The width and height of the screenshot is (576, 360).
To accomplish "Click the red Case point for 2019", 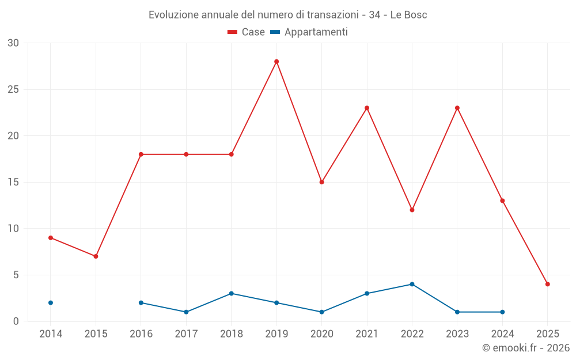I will click(x=276, y=62).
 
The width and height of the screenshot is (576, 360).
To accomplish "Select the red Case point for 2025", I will click(x=547, y=284).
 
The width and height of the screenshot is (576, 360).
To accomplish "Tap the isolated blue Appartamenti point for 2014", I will click(x=51, y=302).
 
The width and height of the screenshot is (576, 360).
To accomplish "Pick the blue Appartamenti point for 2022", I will click(x=412, y=284).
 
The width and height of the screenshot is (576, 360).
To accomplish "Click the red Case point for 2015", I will click(x=96, y=256).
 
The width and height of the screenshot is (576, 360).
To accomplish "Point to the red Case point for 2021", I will click(x=367, y=108).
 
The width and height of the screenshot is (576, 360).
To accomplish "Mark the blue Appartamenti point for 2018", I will click(x=231, y=293).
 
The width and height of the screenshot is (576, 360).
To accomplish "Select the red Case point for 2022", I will click(x=412, y=210).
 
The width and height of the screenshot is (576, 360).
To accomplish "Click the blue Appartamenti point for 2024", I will click(x=502, y=312).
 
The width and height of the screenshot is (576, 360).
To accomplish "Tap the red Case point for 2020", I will click(x=321, y=182).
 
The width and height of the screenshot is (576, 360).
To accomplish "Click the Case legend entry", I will click(x=247, y=32).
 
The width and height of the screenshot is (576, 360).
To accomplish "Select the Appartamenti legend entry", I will click(x=309, y=32).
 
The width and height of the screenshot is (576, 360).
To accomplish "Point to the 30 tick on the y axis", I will click(x=13, y=43).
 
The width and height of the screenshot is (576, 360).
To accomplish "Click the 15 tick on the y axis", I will click(x=13, y=182).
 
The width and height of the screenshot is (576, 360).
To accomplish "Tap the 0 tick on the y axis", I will click(x=16, y=321).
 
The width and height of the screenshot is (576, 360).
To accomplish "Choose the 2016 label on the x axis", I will click(x=141, y=334).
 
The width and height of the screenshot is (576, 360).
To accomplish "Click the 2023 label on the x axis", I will click(x=457, y=334).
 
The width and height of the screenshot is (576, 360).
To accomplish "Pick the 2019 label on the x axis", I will click(x=276, y=334).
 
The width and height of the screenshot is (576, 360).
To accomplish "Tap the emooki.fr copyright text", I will click(x=525, y=348).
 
